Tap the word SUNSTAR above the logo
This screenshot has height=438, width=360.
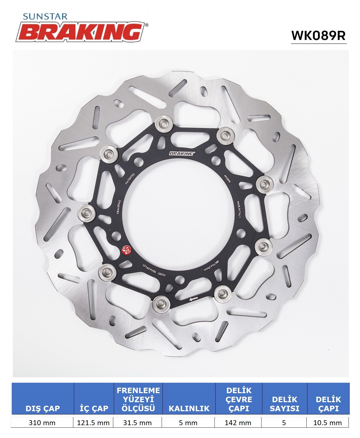pyautogui.click(x=45, y=17)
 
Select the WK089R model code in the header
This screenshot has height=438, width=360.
pyautogui.click(x=318, y=36)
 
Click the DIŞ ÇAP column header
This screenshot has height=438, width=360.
pyautogui.click(x=43, y=408)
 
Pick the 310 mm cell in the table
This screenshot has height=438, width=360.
pyautogui.click(x=42, y=423)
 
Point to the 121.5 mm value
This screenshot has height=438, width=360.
pyautogui.click(x=93, y=423)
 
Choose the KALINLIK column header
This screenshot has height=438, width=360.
pyautogui.click(x=189, y=408)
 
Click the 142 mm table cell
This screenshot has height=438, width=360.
pyautogui.click(x=238, y=423)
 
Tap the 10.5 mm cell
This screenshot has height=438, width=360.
pyautogui.click(x=327, y=423)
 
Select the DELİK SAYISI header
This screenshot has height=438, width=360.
pyautogui.click(x=284, y=404)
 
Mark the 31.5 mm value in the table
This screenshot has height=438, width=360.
pyautogui.click(x=137, y=423)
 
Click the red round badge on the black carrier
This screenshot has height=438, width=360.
pyautogui.click(x=126, y=250)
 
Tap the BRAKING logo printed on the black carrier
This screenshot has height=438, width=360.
pyautogui.click(x=182, y=154)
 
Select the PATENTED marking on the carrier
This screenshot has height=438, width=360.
pyautogui.click(x=130, y=179)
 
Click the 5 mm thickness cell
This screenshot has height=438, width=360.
pyautogui.click(x=188, y=423)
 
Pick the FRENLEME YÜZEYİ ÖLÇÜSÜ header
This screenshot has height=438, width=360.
pyautogui.click(x=138, y=399)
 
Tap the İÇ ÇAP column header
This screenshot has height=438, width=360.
pyautogui.click(x=94, y=408)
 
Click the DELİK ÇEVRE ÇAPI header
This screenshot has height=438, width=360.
pyautogui.click(x=239, y=399)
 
